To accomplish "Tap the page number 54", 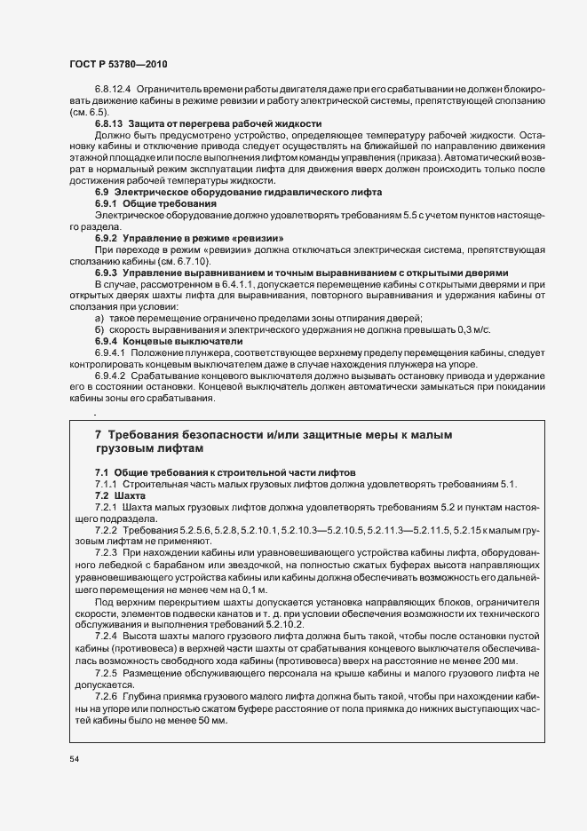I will pos(73,760).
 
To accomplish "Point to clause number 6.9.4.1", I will pos(111,352).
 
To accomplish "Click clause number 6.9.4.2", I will pos(111,376).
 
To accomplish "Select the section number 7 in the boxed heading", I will pos(99,435).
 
